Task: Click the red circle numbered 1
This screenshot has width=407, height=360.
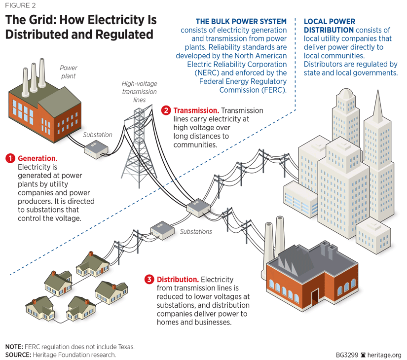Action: [x=10, y=158]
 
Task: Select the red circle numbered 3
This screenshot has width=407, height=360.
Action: [x=149, y=279]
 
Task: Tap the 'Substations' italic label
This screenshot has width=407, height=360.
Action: [x=196, y=231]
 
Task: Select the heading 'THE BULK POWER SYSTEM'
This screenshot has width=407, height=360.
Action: [x=241, y=22]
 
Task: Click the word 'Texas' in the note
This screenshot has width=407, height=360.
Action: [x=123, y=346]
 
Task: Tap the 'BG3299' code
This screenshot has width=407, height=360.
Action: [x=346, y=355]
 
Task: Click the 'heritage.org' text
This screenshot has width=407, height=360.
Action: [x=384, y=355]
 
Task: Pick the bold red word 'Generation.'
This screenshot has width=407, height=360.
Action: [x=37, y=158]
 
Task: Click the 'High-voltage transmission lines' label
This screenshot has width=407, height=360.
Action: [x=139, y=92]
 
